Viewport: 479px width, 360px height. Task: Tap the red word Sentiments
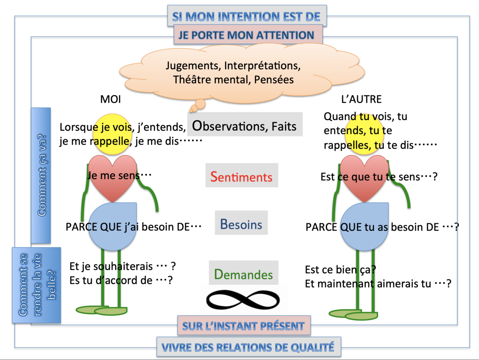point(241,176)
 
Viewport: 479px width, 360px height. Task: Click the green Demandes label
point(243,274)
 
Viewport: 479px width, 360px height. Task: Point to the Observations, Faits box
point(244,126)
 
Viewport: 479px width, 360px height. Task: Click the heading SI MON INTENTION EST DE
point(246,16)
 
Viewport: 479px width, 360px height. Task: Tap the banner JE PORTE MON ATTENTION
point(246,35)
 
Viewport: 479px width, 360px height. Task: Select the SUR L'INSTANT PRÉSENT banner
point(243,326)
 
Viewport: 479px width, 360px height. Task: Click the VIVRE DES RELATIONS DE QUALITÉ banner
point(248,347)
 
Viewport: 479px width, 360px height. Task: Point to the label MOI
point(110,99)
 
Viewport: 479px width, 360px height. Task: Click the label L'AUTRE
point(361,99)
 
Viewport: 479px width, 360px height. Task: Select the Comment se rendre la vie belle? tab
point(37,285)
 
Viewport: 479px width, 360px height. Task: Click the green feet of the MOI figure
point(102,310)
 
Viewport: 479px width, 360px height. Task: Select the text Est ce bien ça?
point(340,270)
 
